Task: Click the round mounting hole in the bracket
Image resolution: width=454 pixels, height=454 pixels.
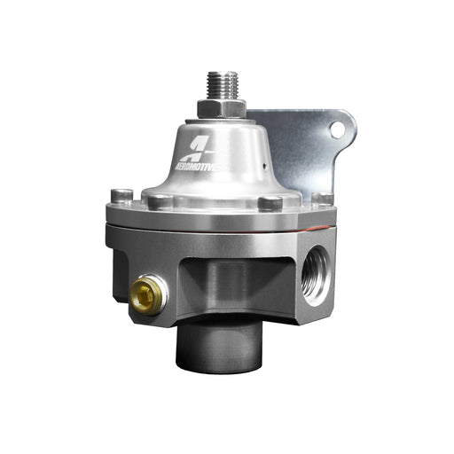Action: pyautogui.click(x=336, y=130)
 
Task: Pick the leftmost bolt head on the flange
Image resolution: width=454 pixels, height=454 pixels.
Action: pyautogui.click(x=120, y=195)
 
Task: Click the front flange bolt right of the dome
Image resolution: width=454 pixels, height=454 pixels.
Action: pyautogui.click(x=270, y=203)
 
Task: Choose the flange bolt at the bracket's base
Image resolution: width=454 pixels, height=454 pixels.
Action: pyautogui.click(x=323, y=200)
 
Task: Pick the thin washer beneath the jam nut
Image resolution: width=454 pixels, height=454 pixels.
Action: pyautogui.click(x=220, y=119)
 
